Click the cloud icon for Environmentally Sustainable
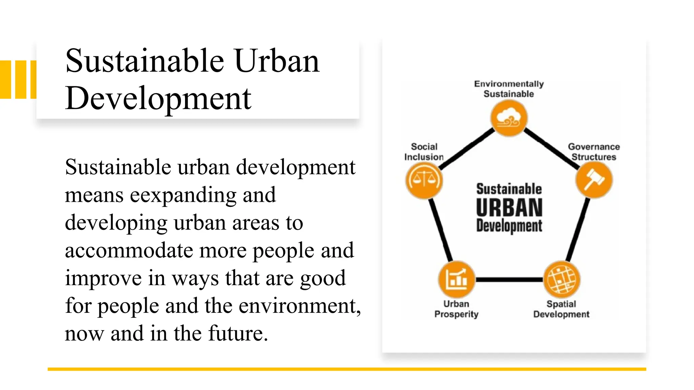509,118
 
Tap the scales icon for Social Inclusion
424,180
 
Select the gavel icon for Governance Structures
594,180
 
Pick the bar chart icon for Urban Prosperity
456,280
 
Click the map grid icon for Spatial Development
562,280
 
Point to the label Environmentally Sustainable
509,89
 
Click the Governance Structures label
594,152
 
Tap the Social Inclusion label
424,152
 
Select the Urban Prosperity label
456,309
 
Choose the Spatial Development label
561,309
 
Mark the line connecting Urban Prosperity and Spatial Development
509,280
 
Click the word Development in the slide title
158,99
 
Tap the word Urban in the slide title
277,61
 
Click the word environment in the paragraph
298,306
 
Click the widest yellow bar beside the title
5,80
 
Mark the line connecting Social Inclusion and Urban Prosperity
441,230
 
